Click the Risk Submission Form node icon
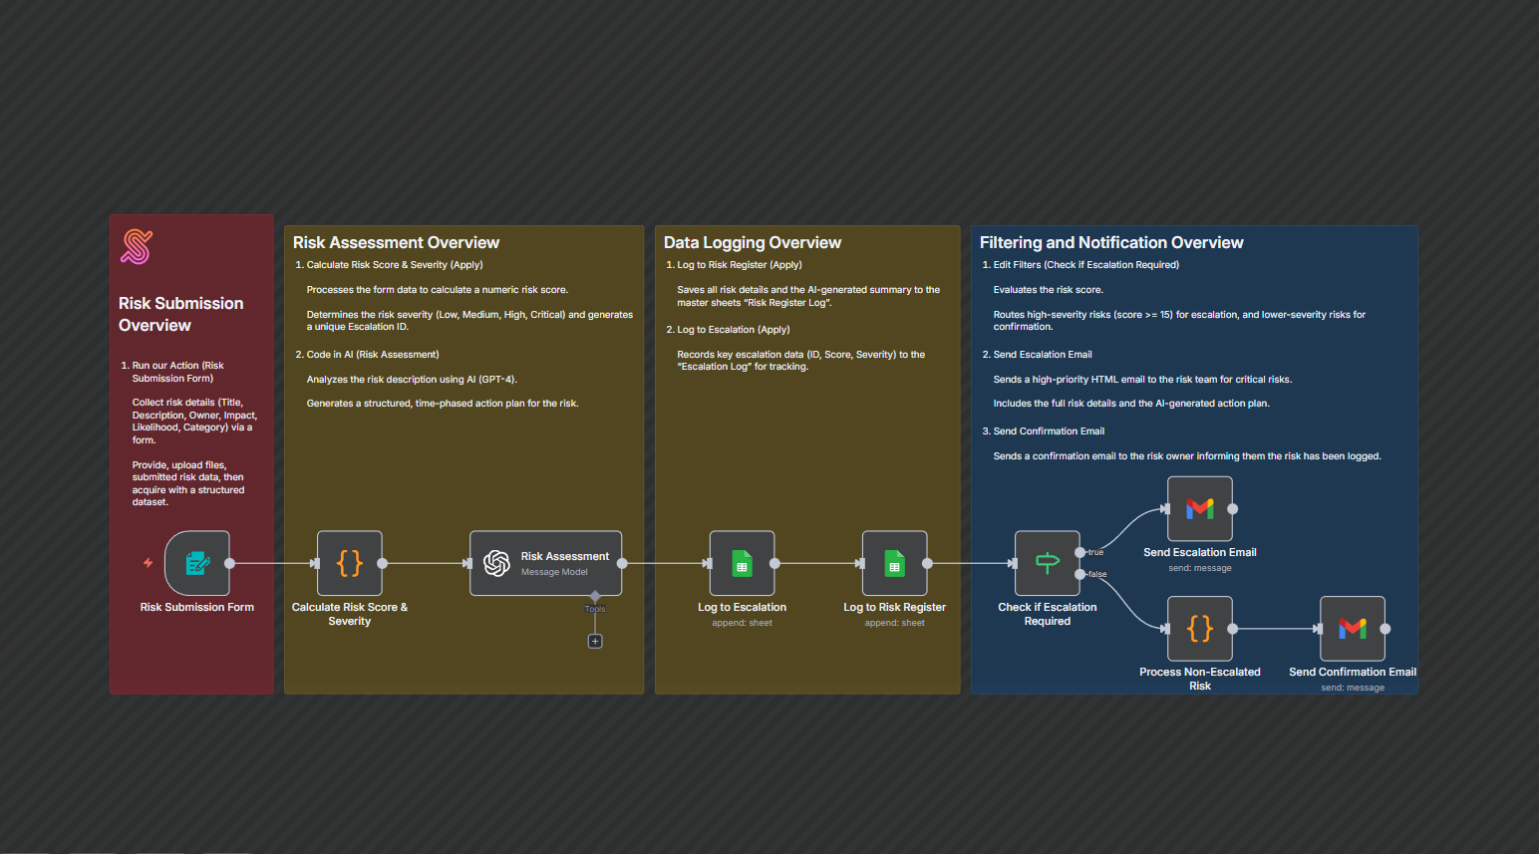pos(197,563)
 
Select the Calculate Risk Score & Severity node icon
pos(349,563)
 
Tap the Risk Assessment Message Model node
pos(545,563)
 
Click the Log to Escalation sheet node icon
pos(742,563)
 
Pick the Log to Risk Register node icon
pos(894,563)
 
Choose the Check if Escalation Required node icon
pos(1047,563)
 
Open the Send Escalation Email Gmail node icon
pos(1200,508)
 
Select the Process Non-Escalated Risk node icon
pos(1200,629)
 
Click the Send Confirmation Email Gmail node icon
pos(1353,629)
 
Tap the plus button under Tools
pos(595,642)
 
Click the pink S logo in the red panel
pos(137,247)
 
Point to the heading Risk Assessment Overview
pos(396,242)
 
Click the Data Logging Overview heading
pos(753,242)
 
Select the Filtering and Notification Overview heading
pos(1111,242)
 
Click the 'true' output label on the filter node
pos(1095,552)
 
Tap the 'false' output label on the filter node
pos(1097,574)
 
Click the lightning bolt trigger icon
pos(148,563)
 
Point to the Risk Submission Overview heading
pos(180,314)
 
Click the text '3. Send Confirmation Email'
pos(1044,431)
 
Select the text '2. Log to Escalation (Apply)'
pos(728,330)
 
